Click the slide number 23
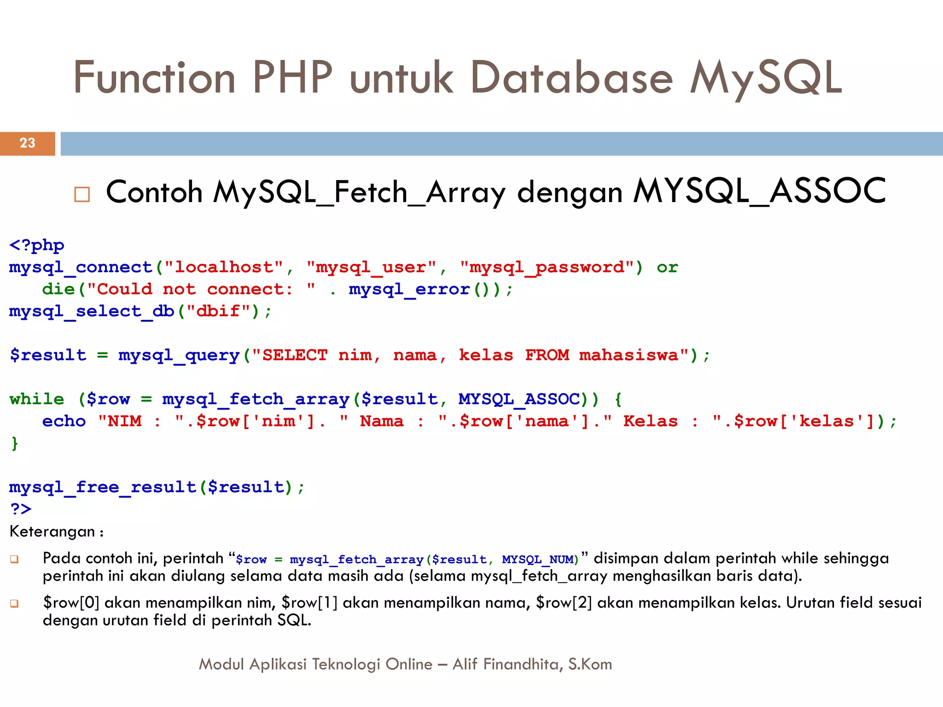(28, 143)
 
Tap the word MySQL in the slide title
(765, 78)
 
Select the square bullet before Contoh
(82, 195)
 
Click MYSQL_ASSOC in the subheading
(759, 191)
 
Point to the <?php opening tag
(37, 245)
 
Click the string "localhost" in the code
(223, 267)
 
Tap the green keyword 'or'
(667, 267)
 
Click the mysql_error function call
(409, 290)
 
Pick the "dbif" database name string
(218, 312)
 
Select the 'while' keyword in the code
(37, 399)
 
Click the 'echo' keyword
(64, 422)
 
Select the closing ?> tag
(21, 509)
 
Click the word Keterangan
(52, 532)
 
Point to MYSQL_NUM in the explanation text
(537, 560)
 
